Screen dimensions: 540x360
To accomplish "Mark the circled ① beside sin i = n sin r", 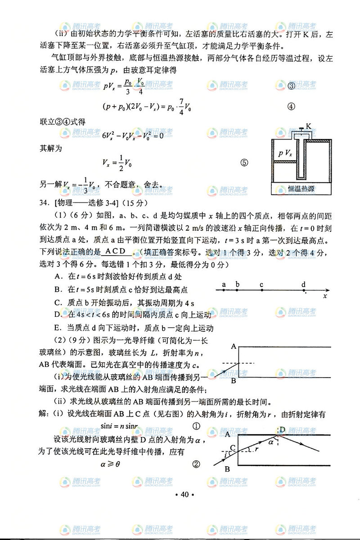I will [x=196, y=426].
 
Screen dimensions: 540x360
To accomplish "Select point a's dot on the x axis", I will [x=224, y=291].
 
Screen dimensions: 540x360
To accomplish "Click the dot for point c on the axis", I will [x=261, y=291].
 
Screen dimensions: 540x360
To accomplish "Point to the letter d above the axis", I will [x=303, y=284].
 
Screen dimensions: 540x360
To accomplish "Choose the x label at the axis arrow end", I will [x=324, y=297].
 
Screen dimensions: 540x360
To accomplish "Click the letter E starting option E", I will [x=57, y=328].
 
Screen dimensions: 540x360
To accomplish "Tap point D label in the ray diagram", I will [x=283, y=430].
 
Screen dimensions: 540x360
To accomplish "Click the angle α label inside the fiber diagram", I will [x=271, y=443].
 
